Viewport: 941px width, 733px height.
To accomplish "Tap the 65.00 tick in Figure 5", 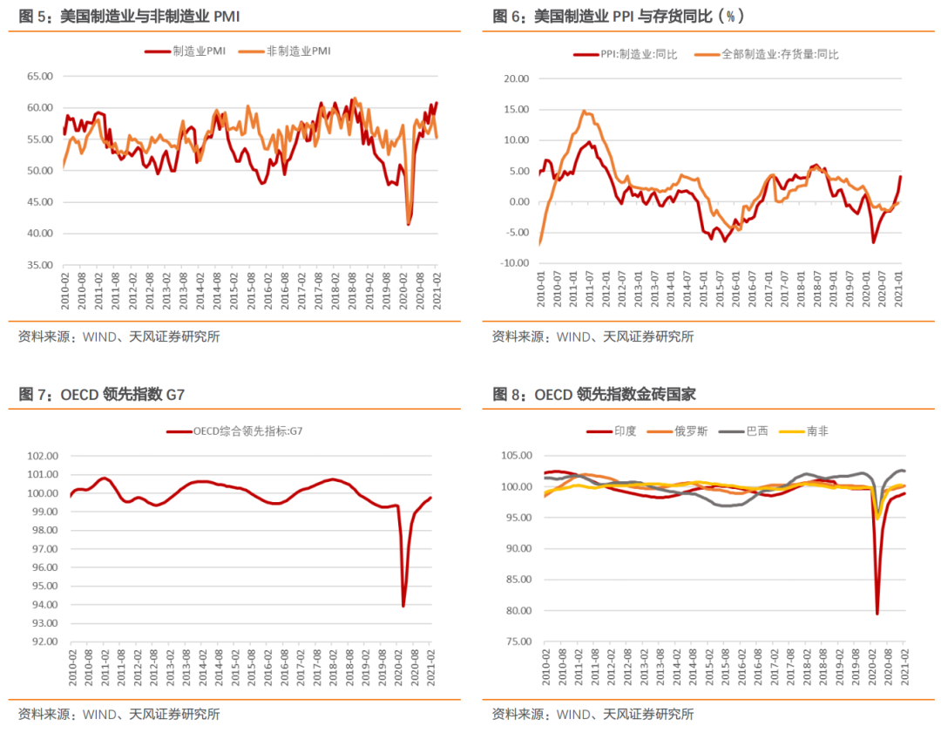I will pyautogui.click(x=40, y=77).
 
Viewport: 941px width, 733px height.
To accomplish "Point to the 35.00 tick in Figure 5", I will pyautogui.click(x=40, y=265).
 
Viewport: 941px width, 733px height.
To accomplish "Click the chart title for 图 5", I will pyautogui.click(x=130, y=17).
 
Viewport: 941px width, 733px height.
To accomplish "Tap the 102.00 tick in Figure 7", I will pyautogui.click(x=43, y=456).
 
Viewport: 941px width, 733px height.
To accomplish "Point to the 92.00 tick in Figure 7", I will pyautogui.click(x=43, y=641).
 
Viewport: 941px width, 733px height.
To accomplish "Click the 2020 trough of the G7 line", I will pyautogui.click(x=403, y=606).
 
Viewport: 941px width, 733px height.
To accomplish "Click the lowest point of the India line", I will pyautogui.click(x=877, y=614).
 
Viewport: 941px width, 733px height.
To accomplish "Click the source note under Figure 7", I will pyautogui.click(x=118, y=715).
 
